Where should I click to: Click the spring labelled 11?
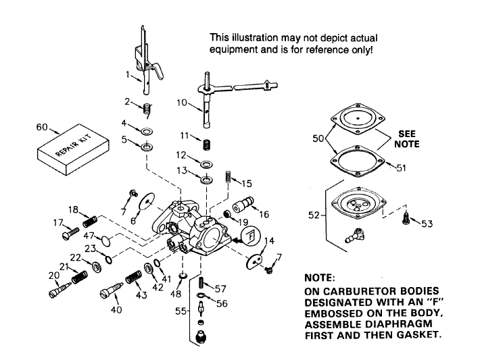[208, 142]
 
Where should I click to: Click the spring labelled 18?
[90, 220]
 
